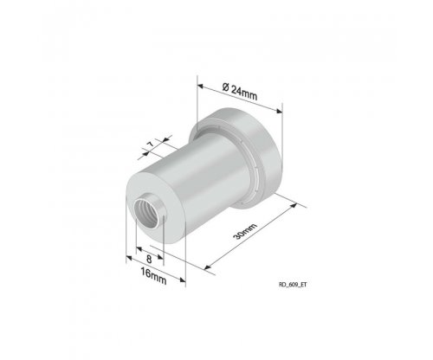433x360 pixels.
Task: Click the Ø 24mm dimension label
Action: (x=240, y=91)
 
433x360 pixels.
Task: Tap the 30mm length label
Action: (x=245, y=231)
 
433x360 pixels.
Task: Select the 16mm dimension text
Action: (x=153, y=276)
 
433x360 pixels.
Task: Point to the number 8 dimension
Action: (x=149, y=259)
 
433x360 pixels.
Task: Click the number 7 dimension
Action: (x=151, y=145)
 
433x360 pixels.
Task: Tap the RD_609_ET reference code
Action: (x=293, y=285)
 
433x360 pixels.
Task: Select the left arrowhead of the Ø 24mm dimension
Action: (x=201, y=87)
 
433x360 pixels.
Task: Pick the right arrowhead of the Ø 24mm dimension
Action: (x=279, y=111)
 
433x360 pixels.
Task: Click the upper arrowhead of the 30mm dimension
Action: (x=294, y=205)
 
